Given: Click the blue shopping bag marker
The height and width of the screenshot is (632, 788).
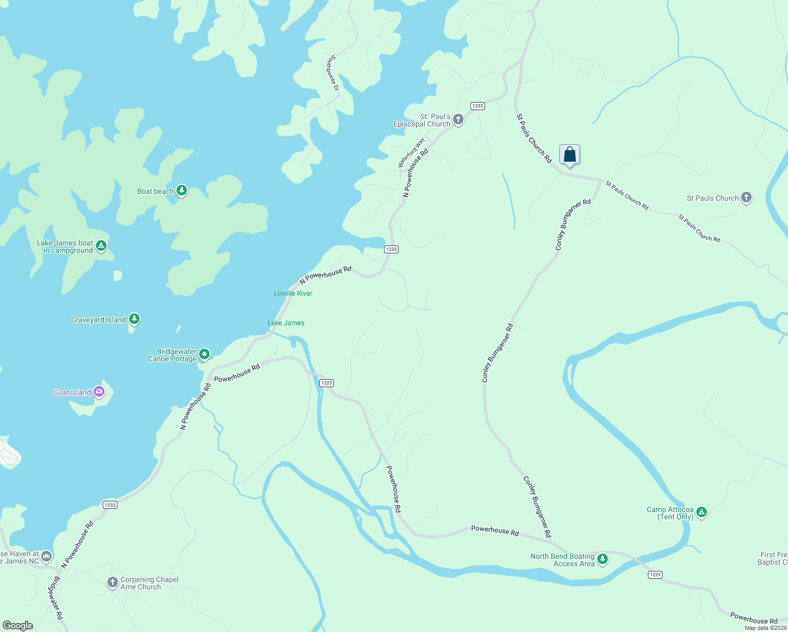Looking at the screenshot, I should pos(569,155).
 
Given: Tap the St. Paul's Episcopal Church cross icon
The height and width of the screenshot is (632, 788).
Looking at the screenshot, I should pos(458,120).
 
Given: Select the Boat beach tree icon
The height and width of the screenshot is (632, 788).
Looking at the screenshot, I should pos(182,190).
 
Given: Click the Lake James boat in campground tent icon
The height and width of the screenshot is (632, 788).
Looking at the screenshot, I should pos(101,245).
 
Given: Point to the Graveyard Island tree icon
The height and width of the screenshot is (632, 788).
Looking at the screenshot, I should pos(134,319).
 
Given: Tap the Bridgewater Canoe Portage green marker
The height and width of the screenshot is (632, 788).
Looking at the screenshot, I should pos(204,354).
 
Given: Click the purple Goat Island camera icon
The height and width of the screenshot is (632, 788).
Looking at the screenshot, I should pos(98,392).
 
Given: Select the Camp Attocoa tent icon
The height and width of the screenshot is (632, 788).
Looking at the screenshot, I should pos(701,512).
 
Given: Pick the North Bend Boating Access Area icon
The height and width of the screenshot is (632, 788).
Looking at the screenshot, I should pos(603,559).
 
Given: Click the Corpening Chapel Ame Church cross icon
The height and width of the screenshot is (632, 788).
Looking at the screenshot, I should pos(112,582).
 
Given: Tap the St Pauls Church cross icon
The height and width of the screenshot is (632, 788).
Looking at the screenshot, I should pos(746,197).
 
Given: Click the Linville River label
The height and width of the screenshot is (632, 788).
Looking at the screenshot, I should pos(293,293).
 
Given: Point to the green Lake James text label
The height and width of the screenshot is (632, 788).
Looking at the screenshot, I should pos(286,323).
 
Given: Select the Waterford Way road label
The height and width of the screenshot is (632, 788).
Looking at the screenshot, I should pos(411,153).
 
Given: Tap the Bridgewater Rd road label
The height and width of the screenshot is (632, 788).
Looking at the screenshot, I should pos(55,598).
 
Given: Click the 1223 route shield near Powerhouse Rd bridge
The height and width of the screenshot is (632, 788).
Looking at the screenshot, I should pos(327,383).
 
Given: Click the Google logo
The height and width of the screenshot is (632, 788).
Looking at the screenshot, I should pos(18,626).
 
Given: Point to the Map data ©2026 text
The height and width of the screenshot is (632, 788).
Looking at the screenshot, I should pos(765,628).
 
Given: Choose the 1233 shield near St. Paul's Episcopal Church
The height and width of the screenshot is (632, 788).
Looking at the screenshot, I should pos(477,106).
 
